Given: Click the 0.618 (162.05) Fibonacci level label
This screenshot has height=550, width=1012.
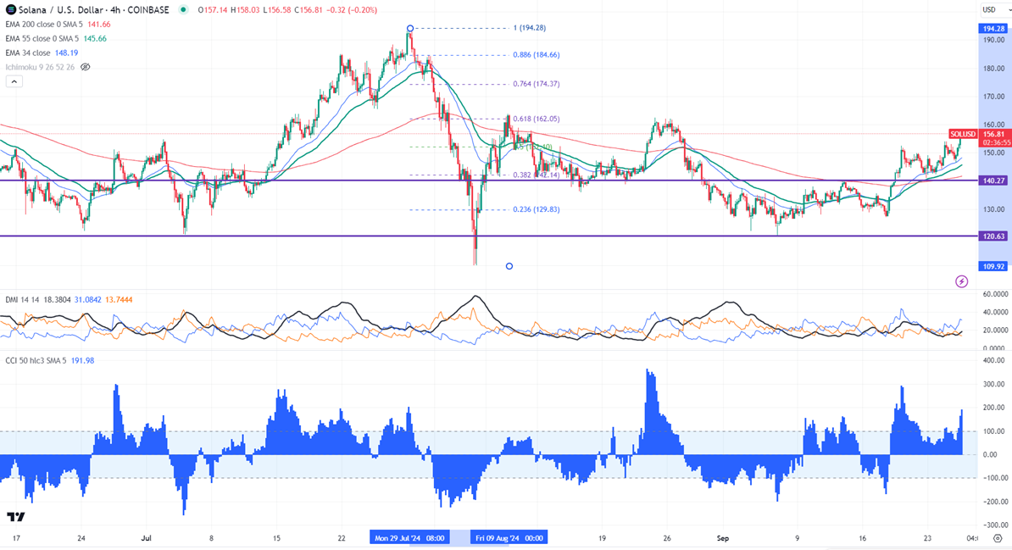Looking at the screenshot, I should (x=536, y=119).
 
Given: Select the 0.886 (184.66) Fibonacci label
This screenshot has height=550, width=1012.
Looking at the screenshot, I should (x=536, y=55).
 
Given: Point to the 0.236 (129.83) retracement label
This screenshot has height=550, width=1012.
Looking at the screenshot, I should (x=536, y=210).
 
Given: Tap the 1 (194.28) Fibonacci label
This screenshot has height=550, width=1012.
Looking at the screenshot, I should (x=530, y=28).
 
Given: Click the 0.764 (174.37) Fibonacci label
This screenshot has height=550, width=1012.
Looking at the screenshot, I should (x=536, y=84).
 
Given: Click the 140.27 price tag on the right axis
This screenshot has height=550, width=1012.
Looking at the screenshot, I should (x=993, y=181).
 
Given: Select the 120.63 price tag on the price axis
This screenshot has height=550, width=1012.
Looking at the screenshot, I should (x=993, y=236).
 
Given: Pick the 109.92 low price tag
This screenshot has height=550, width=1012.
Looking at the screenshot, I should (x=993, y=266).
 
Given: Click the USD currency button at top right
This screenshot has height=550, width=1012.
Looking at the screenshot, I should (x=988, y=10).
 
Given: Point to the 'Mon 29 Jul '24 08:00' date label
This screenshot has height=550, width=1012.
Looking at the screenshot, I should (x=410, y=537).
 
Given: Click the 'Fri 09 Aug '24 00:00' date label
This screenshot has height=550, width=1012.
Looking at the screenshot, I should (x=511, y=537).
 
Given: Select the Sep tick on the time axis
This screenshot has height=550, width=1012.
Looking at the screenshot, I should (x=723, y=537).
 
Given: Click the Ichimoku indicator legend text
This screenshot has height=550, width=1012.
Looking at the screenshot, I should (x=40, y=67).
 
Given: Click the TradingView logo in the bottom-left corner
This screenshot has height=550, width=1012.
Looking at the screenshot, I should (x=15, y=517).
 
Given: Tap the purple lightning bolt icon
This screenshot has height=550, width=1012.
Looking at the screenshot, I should (x=961, y=281).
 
